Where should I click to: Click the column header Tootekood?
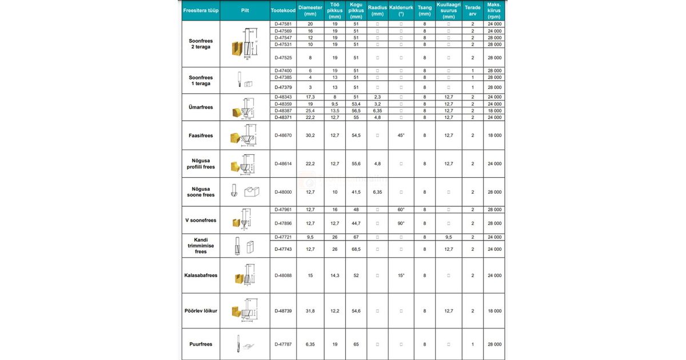283,10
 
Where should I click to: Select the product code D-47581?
283,24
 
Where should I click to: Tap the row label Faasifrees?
201,135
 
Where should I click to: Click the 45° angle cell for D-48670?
401,135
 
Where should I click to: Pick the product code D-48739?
283,311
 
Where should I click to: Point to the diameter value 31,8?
310,311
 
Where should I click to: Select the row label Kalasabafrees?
201,275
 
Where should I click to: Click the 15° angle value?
401,275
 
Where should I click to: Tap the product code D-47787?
283,344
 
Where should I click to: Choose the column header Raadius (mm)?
377,10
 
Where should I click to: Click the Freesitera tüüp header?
201,10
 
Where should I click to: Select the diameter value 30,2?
310,135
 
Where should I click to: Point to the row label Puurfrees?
201,344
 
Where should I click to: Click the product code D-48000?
283,192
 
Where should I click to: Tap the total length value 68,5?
355,249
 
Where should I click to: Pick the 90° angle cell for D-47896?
401,223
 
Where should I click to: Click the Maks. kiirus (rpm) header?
494,10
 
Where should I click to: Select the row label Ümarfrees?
201,107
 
